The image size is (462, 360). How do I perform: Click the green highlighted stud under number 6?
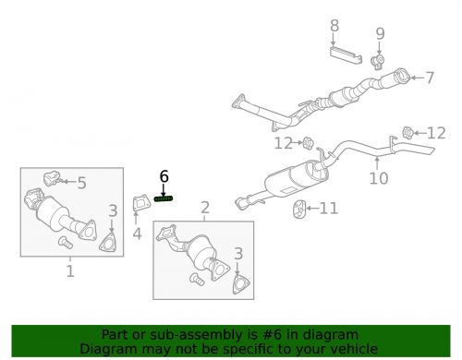coord(164,198)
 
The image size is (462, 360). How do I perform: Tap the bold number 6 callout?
coord(164,176)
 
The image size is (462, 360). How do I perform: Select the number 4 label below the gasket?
coord(137,234)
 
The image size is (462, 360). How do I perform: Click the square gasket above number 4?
coord(140,202)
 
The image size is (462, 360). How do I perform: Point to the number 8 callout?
coord(334,26)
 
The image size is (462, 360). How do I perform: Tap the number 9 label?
coord(380,35)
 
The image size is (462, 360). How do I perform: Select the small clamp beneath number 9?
coord(378,62)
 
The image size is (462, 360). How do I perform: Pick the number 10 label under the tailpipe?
coord(379,178)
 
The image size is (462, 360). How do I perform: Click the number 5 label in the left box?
coord(80,184)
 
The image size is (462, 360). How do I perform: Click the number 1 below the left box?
coord(70,271)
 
